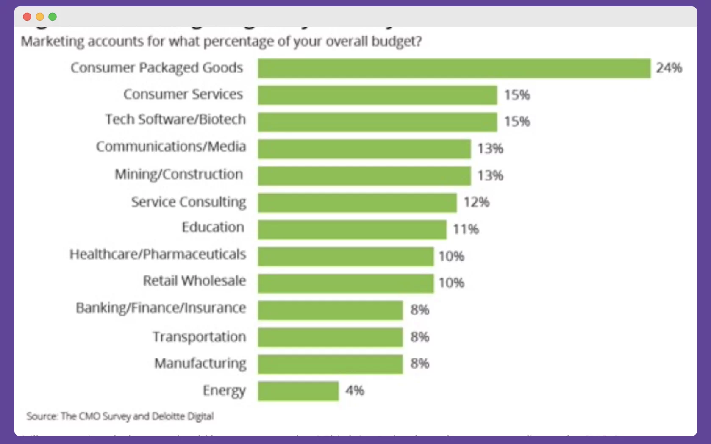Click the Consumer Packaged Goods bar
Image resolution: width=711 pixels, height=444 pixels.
click(454, 68)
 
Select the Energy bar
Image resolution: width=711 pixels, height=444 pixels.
click(298, 391)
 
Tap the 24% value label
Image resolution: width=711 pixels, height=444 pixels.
click(669, 68)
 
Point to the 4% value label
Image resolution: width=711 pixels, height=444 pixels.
click(355, 390)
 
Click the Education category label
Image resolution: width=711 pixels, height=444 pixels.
click(213, 228)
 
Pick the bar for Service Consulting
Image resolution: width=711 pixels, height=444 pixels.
click(357, 203)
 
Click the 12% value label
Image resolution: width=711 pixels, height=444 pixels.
click(476, 202)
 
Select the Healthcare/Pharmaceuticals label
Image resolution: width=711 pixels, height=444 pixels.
click(158, 254)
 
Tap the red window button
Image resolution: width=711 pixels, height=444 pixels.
click(27, 17)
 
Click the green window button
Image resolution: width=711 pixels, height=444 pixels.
click(53, 17)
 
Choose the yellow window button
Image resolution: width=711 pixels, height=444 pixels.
click(40, 17)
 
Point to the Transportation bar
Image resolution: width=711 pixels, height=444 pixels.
click(330, 337)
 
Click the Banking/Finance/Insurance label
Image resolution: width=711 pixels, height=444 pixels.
click(161, 308)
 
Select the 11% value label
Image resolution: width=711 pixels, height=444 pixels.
click(466, 229)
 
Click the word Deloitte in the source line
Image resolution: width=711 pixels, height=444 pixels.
click(168, 416)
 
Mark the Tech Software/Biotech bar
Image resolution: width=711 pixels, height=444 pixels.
click(377, 122)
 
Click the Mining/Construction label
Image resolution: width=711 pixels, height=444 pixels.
click(179, 175)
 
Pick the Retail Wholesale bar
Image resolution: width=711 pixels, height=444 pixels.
click(346, 283)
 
